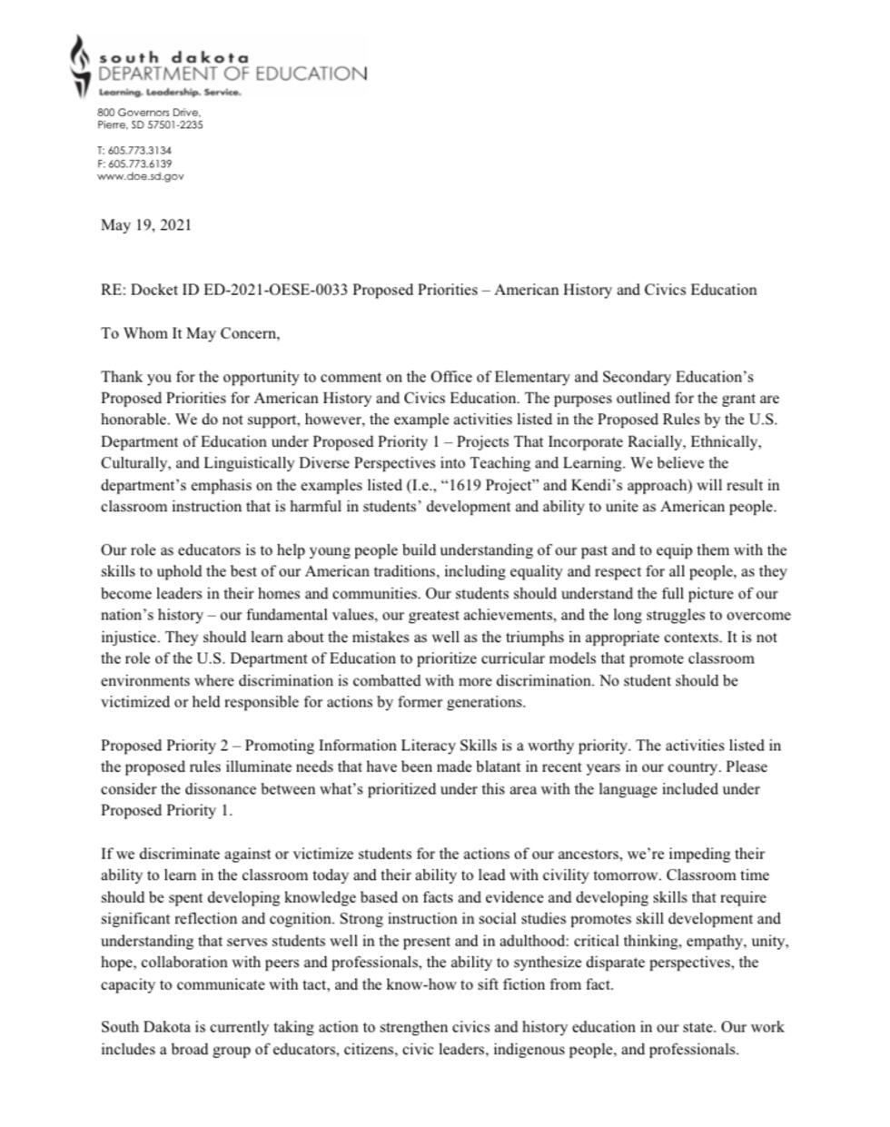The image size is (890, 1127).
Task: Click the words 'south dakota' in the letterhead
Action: click(173, 57)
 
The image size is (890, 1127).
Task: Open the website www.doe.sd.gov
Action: click(140, 176)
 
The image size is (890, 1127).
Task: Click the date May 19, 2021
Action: click(145, 225)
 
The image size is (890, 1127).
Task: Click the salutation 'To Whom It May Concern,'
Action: click(190, 333)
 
